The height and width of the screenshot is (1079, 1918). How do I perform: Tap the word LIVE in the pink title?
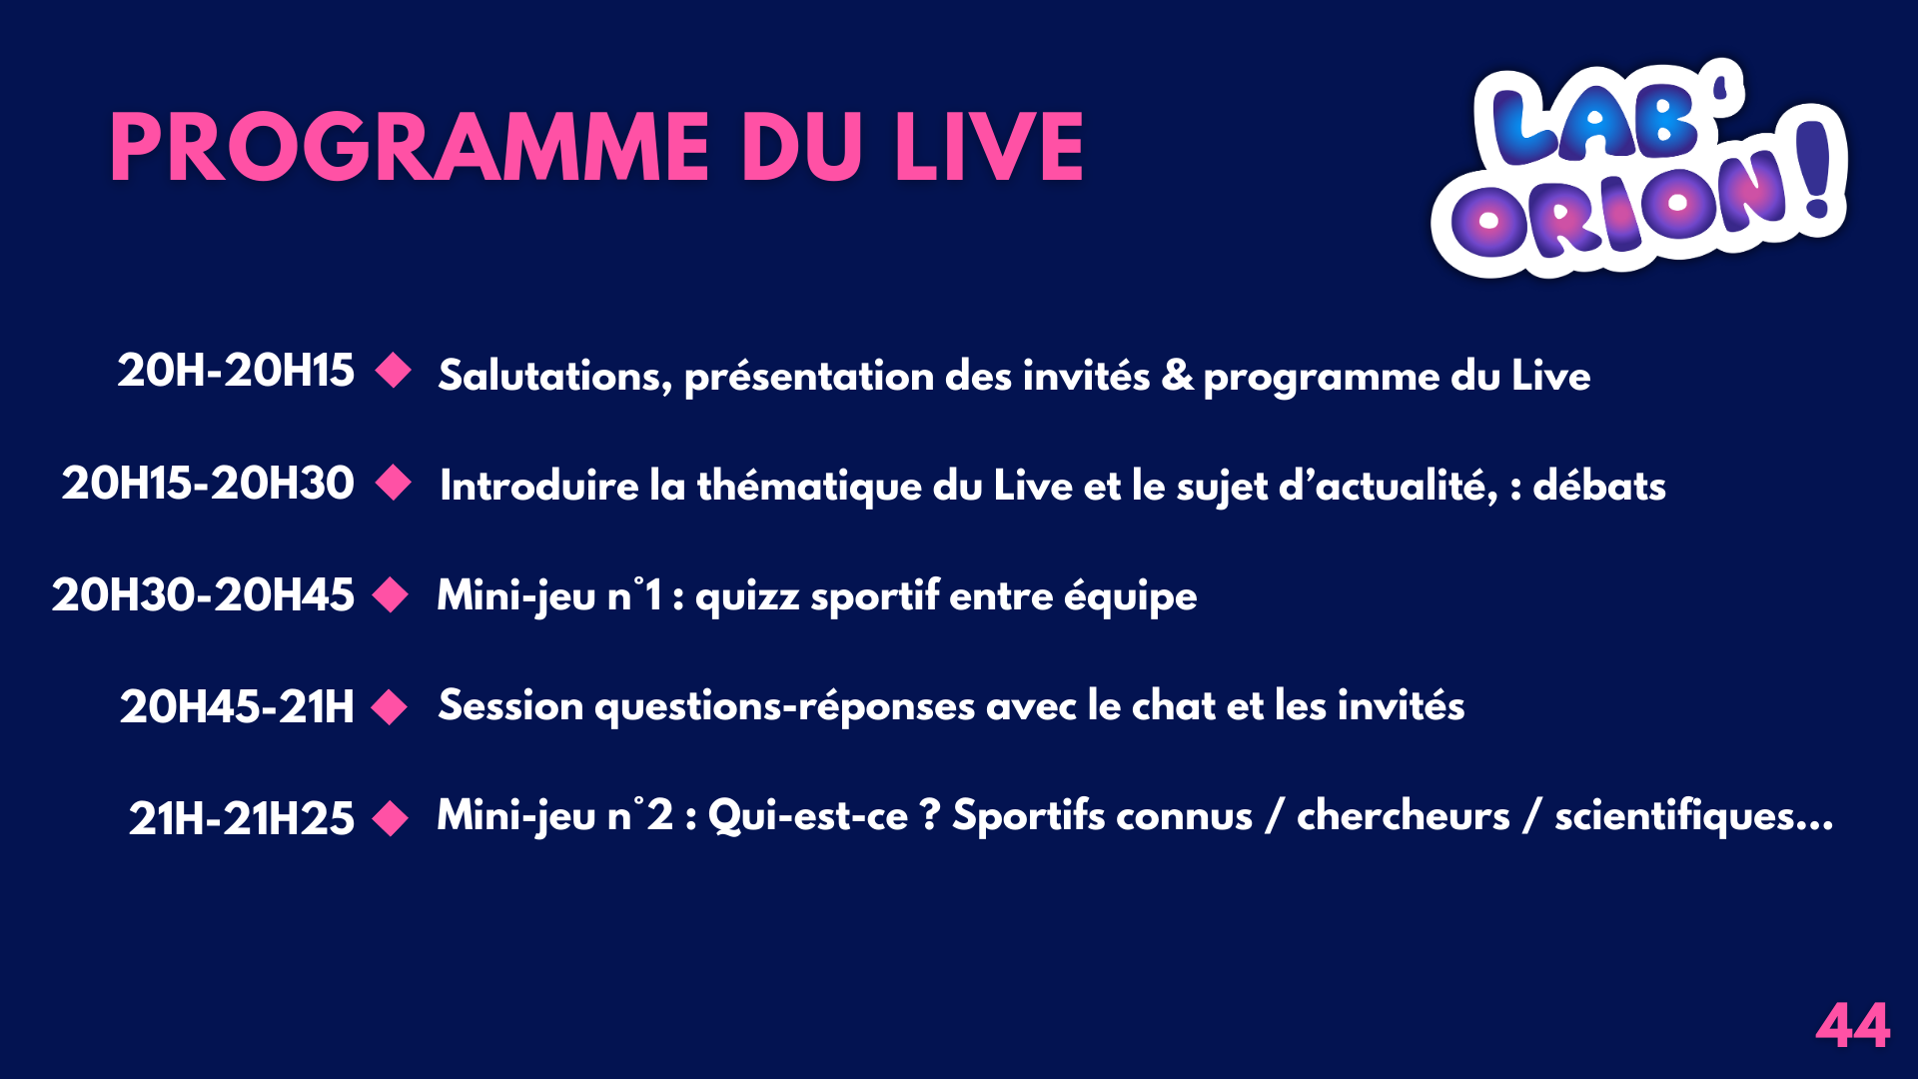tap(989, 148)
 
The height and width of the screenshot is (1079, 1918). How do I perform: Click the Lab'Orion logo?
tap(1639, 168)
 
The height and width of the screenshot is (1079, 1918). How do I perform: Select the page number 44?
tap(1853, 1025)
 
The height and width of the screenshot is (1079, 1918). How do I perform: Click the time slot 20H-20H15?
tap(236, 371)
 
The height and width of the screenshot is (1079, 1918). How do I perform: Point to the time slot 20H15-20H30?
tap(208, 484)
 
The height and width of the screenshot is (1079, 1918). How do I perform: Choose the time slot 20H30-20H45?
tap(203, 595)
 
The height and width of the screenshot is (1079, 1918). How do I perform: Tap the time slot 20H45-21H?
tap(237, 707)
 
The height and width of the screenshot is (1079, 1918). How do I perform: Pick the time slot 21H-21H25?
tap(242, 819)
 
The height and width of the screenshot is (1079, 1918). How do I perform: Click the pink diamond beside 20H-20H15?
tap(394, 371)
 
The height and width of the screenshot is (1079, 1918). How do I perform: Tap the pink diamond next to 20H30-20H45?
tap(391, 595)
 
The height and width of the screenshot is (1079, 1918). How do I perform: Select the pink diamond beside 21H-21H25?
tap(391, 819)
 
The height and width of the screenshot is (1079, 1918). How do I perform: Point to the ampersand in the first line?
tap(1178, 376)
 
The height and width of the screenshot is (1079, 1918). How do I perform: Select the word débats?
tap(1599, 486)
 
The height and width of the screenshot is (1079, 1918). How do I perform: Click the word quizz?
tap(747, 597)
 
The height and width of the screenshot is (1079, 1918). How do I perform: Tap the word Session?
tap(510, 706)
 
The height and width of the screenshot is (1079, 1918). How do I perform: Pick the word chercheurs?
tap(1404, 816)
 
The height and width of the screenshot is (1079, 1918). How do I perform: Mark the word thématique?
tap(809, 487)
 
